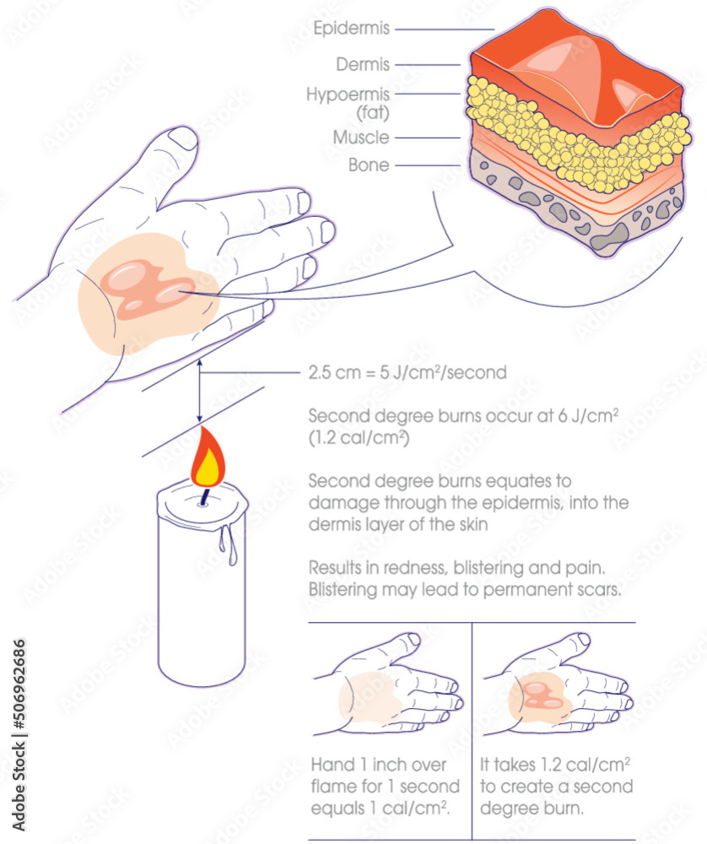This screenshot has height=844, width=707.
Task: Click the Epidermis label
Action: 351,29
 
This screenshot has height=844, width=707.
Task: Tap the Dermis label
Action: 363,64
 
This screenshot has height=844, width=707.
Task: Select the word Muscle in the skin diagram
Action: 361,138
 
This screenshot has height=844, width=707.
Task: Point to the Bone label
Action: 369,165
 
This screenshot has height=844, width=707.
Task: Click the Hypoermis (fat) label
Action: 348,102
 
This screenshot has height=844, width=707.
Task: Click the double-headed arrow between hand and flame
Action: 199,391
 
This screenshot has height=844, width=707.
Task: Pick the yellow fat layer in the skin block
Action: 574,139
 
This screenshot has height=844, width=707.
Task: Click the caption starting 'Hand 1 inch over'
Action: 385,786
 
